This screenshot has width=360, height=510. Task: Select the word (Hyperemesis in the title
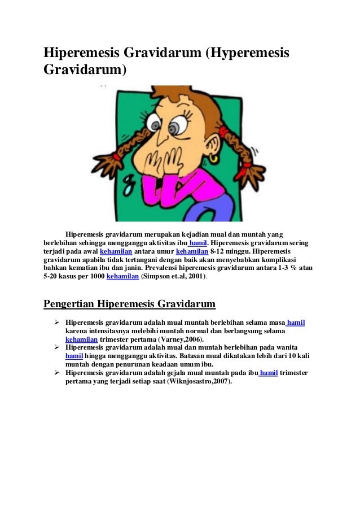(247, 53)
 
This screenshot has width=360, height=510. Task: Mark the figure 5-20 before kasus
(52, 277)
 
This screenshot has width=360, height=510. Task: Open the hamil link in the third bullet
(269, 373)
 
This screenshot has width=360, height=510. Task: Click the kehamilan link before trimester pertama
(82, 339)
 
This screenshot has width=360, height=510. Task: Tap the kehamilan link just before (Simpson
(122, 277)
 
